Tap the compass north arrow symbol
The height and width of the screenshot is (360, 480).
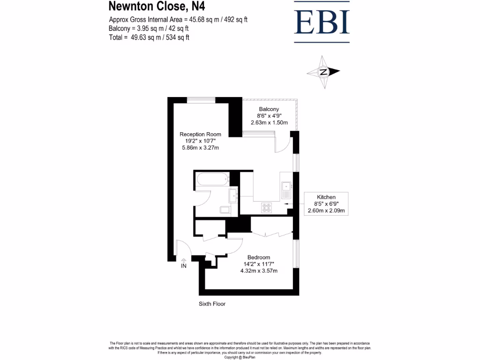[x=323, y=72]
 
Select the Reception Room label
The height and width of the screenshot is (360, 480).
[x=200, y=135]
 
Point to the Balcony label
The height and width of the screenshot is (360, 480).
[x=269, y=109]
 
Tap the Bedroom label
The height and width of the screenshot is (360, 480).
[x=258, y=257]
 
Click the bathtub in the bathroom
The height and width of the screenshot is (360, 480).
[x=212, y=180]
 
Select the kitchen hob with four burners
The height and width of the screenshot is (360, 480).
[x=267, y=206]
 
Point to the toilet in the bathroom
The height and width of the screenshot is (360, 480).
[x=225, y=210]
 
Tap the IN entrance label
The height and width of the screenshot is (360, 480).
[x=184, y=266]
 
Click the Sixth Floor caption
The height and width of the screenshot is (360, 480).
[x=212, y=304]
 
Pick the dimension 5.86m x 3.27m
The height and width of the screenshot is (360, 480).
[x=200, y=148]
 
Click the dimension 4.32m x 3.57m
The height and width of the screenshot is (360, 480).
[x=258, y=271]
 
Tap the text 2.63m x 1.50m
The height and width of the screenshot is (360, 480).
[x=269, y=123]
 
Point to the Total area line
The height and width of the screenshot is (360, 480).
[x=149, y=37]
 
